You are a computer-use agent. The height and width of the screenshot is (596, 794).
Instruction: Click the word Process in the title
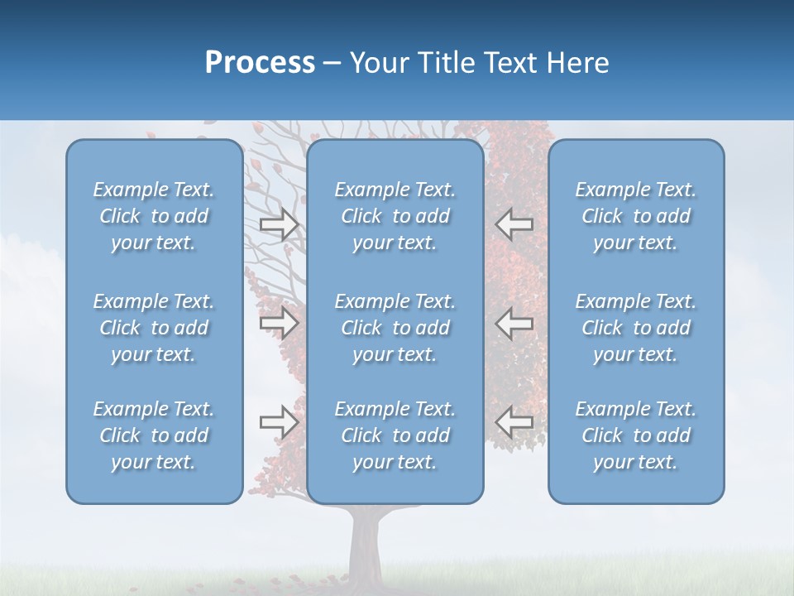[260, 63]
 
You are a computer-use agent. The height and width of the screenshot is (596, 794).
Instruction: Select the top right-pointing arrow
[280, 224]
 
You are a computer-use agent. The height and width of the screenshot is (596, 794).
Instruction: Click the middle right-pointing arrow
[280, 323]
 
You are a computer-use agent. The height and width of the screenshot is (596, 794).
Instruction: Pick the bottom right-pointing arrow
[280, 421]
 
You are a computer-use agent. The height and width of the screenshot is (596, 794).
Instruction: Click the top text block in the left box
[154, 216]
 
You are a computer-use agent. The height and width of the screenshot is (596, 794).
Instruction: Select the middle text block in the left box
[154, 328]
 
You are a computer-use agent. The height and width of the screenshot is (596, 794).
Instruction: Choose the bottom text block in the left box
[154, 435]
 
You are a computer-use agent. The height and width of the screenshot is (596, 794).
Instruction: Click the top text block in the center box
[395, 216]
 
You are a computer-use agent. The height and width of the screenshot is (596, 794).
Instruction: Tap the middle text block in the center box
[395, 328]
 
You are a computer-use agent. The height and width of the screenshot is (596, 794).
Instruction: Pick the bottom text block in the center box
[395, 435]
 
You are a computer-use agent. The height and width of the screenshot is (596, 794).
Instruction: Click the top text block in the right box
[636, 216]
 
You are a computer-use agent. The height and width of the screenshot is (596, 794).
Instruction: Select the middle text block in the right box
[636, 328]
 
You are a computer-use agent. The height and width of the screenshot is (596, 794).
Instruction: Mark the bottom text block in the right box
[636, 435]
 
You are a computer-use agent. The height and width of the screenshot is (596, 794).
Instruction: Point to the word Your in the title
[381, 63]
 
